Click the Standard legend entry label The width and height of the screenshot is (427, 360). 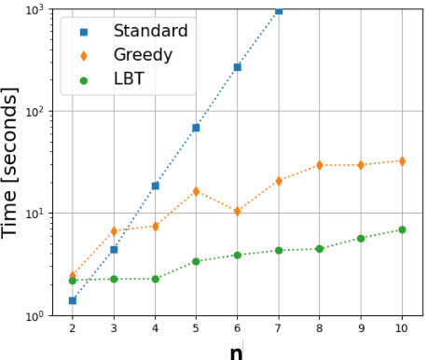pyautogui.click(x=150, y=31)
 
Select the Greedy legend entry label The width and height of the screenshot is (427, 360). pyautogui.click(x=143, y=55)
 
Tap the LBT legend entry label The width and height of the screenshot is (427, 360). pyautogui.click(x=129, y=79)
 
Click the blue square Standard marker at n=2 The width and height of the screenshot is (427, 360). pyautogui.click(x=73, y=300)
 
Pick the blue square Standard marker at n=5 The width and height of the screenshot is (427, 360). pyautogui.click(x=196, y=128)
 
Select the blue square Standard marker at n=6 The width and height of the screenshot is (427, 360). pyautogui.click(x=237, y=67)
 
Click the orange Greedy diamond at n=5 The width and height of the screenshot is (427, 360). pyautogui.click(x=196, y=192)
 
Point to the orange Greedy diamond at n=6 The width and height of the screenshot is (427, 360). pyautogui.click(x=237, y=212)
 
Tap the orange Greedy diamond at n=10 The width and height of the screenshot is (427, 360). pyautogui.click(x=402, y=161)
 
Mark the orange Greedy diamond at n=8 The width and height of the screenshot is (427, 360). pyautogui.click(x=320, y=165)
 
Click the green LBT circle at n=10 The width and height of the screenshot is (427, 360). pyautogui.click(x=402, y=229)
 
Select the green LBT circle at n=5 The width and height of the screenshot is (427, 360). pyautogui.click(x=196, y=261)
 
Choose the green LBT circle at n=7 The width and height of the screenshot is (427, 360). pyautogui.click(x=279, y=250)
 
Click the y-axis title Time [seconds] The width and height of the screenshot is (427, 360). pyautogui.click(x=12, y=163)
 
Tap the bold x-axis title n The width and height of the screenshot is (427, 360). pyautogui.click(x=237, y=351)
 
